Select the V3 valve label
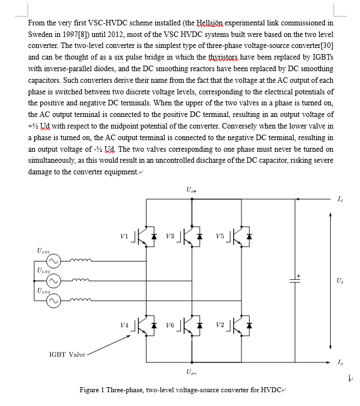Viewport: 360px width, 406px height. (170, 236)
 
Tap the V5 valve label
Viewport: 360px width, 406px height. (219, 236)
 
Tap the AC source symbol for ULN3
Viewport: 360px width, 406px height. (53, 301)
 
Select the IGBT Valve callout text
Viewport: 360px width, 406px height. (67, 354)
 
